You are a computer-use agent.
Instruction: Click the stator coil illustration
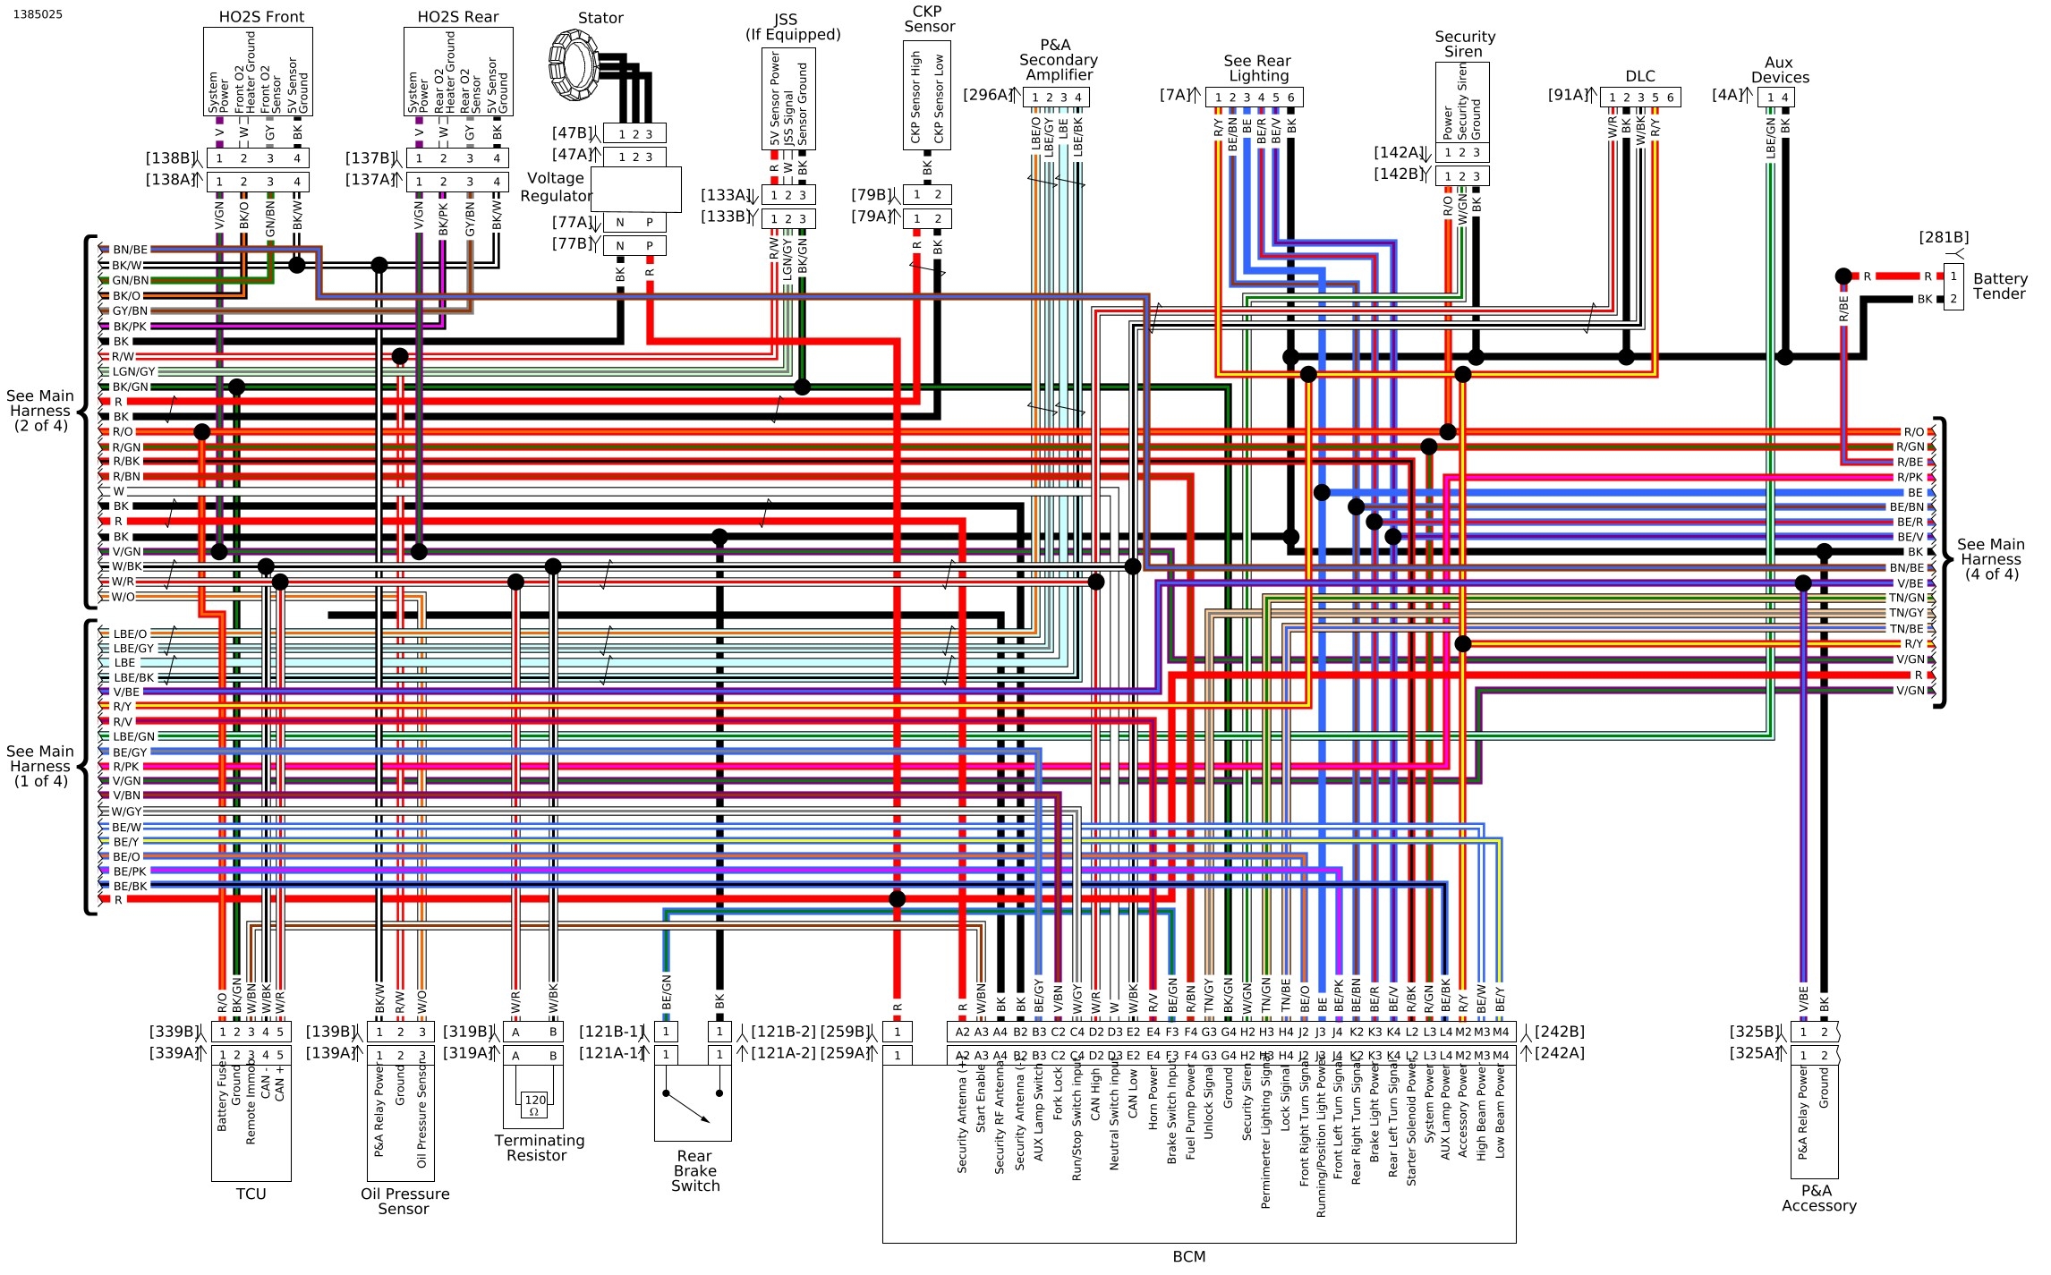574,64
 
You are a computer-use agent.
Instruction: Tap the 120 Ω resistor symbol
534,1105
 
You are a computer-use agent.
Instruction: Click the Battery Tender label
1999,286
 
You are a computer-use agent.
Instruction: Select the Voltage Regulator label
556,187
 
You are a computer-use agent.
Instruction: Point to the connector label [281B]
1944,237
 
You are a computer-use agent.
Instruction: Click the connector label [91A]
1568,95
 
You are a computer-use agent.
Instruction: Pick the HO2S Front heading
261,17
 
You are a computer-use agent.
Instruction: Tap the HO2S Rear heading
458,17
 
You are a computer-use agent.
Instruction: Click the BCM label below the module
1188,1256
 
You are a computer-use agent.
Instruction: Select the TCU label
251,1194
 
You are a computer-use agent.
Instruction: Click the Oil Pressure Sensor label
404,1201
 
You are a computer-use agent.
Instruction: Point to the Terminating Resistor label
539,1148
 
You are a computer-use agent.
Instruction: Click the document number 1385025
38,14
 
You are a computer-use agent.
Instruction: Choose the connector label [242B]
1559,1032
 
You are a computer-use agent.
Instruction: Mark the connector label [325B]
1754,1032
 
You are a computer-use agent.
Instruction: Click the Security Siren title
1464,44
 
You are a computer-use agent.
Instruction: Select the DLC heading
1640,76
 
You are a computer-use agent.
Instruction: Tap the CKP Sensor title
928,19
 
